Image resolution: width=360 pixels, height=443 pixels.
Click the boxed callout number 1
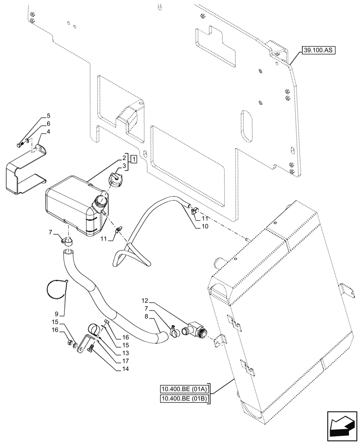[x=133, y=158]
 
